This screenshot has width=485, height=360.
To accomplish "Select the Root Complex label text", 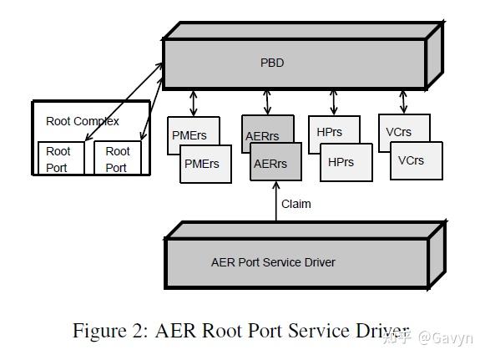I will tap(82, 121).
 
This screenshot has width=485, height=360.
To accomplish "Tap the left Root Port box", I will tap(58, 158).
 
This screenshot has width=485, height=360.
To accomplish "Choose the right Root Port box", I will tap(117, 158).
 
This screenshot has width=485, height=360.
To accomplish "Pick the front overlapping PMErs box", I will tap(202, 164).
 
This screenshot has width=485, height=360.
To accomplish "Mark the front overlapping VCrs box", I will tap(416, 160).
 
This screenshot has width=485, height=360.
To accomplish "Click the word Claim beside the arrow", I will tap(296, 204).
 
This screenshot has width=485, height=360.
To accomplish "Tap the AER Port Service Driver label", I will tap(273, 262).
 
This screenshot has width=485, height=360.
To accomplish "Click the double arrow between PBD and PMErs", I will tap(194, 103).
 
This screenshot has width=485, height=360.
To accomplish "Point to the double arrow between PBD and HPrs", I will tap(334, 102).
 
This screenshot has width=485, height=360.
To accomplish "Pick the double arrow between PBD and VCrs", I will tap(403, 101).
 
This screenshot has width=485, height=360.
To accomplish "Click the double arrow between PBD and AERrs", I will tap(267, 102).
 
